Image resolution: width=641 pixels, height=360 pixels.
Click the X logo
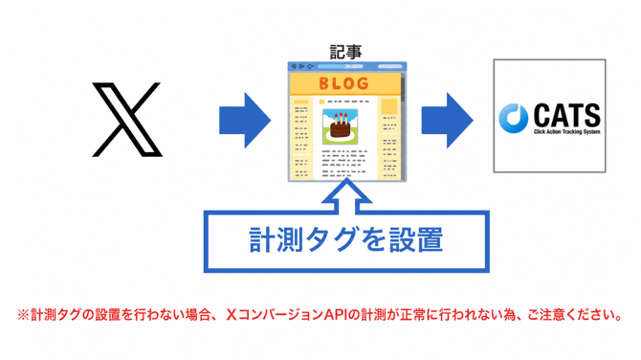point(127,120)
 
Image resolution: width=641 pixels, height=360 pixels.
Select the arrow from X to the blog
point(245,121)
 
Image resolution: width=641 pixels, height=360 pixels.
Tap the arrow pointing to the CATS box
point(447,121)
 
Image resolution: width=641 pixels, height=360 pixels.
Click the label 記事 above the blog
point(345,52)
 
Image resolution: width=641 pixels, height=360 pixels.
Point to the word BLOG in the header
point(343,84)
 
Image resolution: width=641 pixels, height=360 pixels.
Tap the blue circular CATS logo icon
point(514,118)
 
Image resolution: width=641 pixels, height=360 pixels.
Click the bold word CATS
point(567,115)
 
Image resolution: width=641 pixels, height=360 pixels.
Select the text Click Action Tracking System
point(567,132)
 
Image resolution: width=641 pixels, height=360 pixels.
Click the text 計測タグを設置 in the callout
point(345,239)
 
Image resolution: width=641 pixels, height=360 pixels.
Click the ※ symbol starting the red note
point(23,315)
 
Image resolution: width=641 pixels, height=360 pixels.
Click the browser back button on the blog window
point(293,66)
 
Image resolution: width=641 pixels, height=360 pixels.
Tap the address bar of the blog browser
point(340,66)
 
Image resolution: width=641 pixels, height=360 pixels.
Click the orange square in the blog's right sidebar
point(388,107)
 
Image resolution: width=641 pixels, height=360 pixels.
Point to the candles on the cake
point(341,119)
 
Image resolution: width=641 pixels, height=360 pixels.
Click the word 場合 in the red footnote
point(197,315)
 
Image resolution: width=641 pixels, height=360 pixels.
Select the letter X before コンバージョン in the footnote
point(232,315)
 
